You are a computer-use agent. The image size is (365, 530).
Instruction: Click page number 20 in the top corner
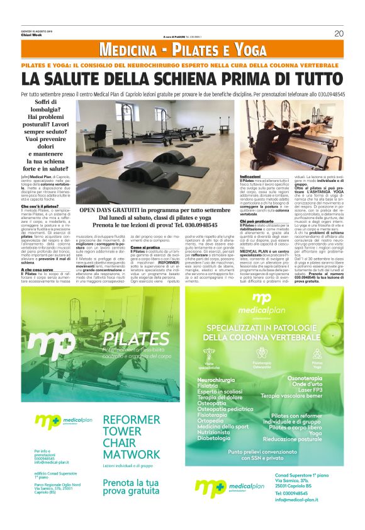pos(339,33)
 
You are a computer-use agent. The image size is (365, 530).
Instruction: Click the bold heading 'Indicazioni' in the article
pos(250,176)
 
